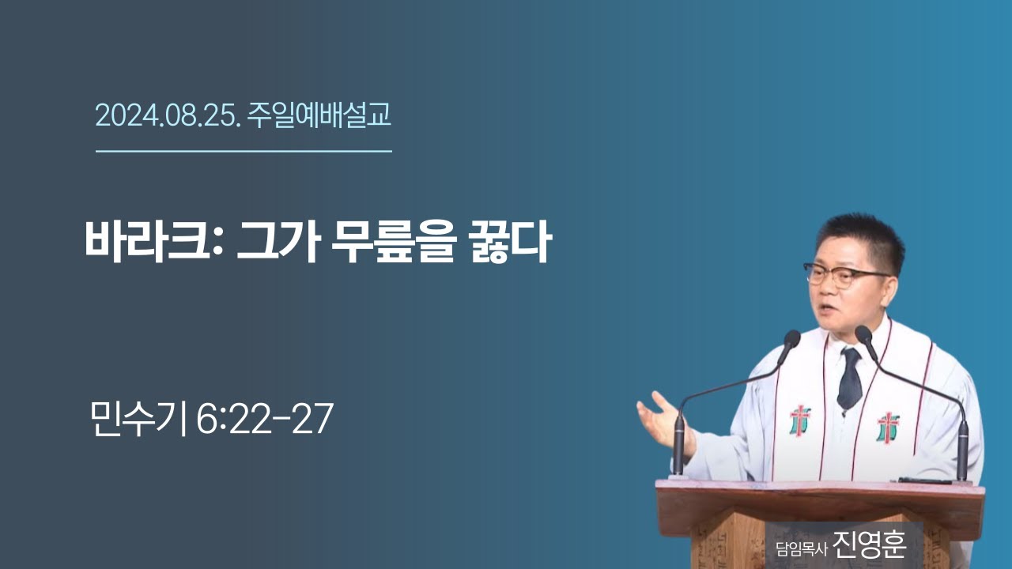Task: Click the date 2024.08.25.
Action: point(167,116)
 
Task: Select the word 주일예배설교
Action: point(319,116)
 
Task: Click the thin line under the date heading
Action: point(244,150)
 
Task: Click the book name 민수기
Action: point(138,419)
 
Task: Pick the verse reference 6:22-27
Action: point(264,419)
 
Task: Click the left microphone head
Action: point(790,341)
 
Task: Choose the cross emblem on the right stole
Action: point(888,427)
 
